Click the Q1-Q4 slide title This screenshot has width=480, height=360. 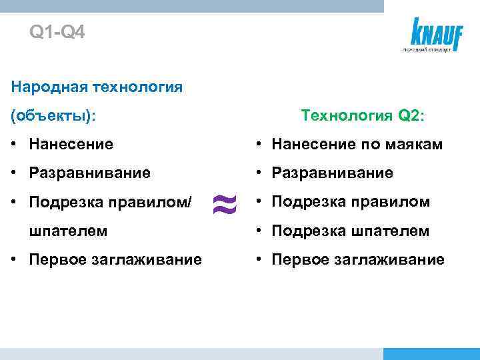(57, 32)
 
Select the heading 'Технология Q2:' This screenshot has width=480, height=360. (363, 115)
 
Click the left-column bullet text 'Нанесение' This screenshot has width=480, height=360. (71, 144)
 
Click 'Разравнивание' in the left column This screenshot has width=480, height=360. (90, 173)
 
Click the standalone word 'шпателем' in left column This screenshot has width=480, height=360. (68, 231)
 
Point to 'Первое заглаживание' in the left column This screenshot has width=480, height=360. (115, 259)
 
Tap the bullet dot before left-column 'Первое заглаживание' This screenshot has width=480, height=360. (16, 260)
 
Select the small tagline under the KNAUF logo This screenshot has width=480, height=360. (427, 51)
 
